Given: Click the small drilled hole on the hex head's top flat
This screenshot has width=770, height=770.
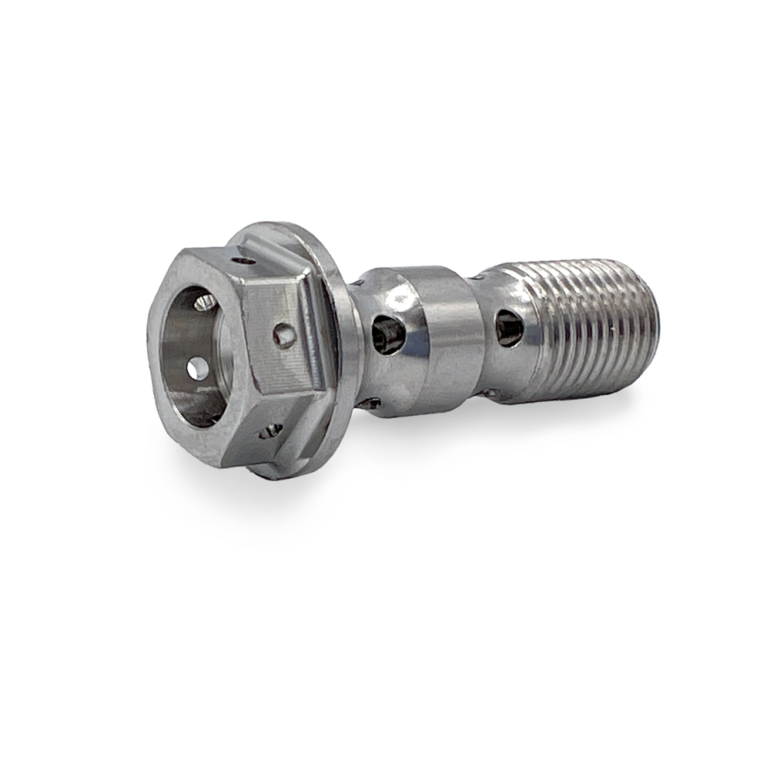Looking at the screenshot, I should pos(246,261).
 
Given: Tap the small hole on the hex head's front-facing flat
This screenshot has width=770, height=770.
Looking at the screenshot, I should pos(284,335).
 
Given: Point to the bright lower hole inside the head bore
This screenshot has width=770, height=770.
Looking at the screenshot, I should pos(197,370).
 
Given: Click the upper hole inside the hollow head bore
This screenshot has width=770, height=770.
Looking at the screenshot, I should pos(205,302).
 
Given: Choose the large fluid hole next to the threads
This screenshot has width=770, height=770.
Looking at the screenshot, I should pos(509,329).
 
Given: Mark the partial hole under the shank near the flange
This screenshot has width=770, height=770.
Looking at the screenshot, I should pos(371,403).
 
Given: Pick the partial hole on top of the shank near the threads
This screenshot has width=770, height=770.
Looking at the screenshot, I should pos(478,276).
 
